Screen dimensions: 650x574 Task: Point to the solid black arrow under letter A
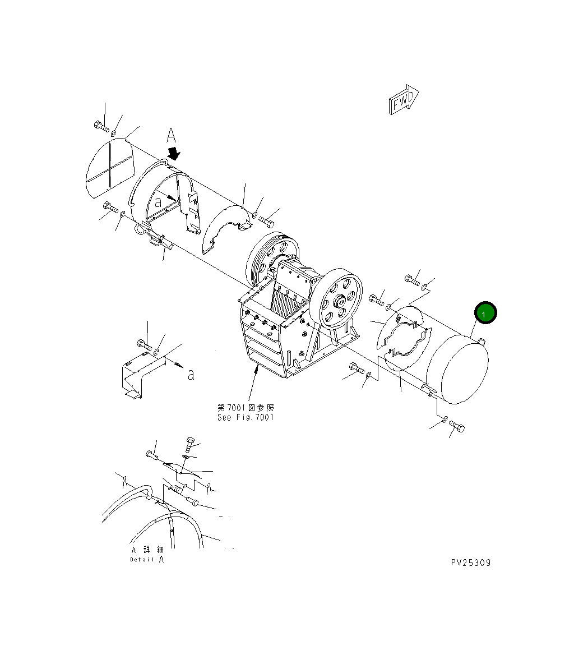click(x=174, y=153)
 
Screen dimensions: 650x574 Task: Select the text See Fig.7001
click(x=246, y=417)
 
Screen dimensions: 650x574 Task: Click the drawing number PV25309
click(x=470, y=563)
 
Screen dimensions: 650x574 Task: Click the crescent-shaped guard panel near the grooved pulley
click(x=226, y=225)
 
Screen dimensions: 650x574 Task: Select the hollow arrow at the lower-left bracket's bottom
click(x=132, y=395)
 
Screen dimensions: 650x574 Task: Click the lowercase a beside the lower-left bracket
click(x=191, y=375)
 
